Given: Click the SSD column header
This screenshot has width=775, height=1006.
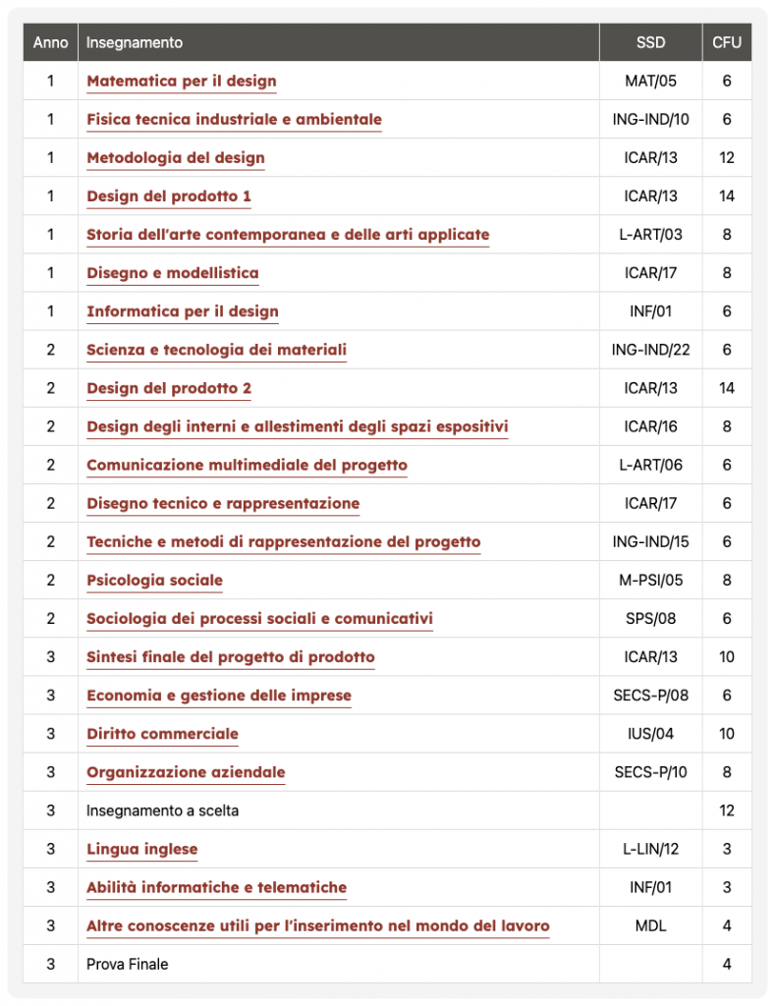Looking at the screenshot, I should coord(650,42).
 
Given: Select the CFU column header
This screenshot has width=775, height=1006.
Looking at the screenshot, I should coord(727,42).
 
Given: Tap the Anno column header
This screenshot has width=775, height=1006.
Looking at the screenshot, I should coord(50,42).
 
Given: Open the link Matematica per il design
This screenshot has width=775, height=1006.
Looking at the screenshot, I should coord(182,82).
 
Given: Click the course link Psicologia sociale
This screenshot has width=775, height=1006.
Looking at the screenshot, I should coord(154,581).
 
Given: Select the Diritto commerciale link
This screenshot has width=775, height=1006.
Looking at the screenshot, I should coord(162,734).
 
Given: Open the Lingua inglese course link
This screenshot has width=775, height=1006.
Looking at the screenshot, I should coord(141,850).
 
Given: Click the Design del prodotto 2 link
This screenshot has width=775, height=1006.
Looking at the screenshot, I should coord(169,389).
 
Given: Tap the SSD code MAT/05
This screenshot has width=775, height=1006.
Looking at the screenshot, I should coord(650,82).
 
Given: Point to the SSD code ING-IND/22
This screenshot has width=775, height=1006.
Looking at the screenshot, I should coord(650,351).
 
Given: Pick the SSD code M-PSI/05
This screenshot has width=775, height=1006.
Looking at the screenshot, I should coord(650,581).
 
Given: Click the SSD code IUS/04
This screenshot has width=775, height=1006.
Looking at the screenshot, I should coord(650,734).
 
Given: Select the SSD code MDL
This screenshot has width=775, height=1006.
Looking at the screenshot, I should coord(650,926).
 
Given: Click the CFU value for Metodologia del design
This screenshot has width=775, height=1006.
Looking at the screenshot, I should coord(727,158).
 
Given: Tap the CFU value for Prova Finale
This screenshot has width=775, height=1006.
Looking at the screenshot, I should coord(727,965).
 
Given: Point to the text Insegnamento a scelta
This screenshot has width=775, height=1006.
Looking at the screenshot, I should coord(162,811).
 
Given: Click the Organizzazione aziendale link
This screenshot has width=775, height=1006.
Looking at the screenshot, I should coord(186,772).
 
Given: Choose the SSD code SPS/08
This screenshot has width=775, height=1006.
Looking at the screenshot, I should coord(650,619).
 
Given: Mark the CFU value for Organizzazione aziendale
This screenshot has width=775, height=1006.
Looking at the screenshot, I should coord(727,772).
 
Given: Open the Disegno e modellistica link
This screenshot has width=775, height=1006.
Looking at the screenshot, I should coord(173,273).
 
